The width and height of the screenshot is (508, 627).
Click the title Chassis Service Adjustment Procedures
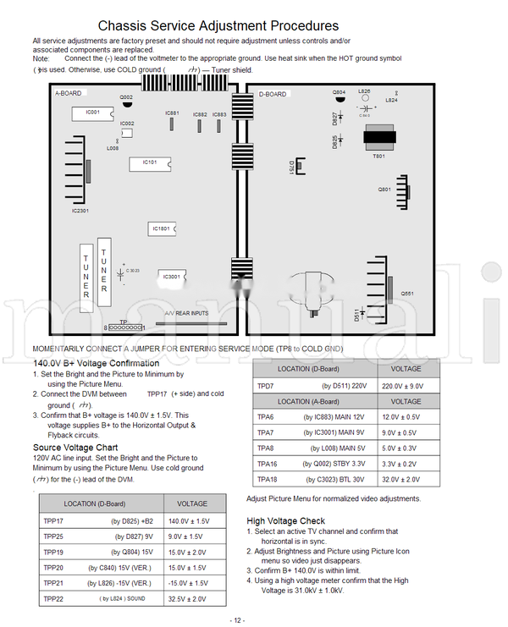click(x=218, y=26)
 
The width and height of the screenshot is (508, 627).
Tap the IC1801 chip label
click(x=161, y=228)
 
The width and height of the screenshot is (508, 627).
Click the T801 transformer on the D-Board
click(x=378, y=139)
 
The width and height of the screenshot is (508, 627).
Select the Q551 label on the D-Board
click(x=407, y=293)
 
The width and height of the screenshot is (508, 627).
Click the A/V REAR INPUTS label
click(x=186, y=313)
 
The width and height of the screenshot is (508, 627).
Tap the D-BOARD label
click(x=273, y=94)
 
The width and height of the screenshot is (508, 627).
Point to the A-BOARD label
click(x=68, y=94)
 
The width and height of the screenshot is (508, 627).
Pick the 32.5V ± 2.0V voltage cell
click(x=187, y=599)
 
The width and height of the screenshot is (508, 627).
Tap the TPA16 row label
click(x=267, y=464)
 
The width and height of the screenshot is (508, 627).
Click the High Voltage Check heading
click(x=285, y=521)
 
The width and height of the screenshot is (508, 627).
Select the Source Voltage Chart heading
click(x=75, y=447)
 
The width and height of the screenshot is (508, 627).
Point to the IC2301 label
click(x=80, y=211)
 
